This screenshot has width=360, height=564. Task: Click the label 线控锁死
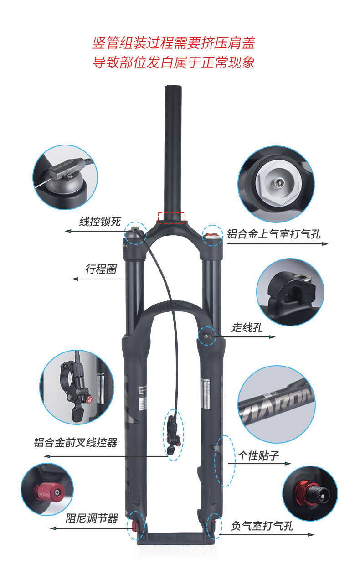[100, 222]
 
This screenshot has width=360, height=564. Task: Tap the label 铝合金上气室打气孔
[274, 234]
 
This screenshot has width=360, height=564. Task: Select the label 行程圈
[101, 269]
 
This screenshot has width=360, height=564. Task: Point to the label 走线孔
[247, 327]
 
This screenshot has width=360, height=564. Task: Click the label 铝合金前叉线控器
[76, 442]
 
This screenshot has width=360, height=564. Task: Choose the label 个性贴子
[258, 455]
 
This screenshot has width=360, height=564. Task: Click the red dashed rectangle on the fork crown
[171, 217]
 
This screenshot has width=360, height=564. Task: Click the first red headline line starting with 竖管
[173, 44]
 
